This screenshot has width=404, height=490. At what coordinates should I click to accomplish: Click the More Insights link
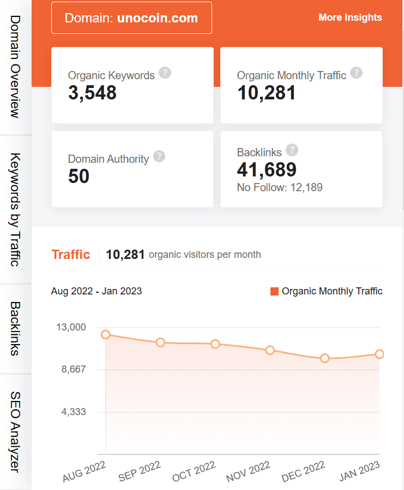(x=350, y=17)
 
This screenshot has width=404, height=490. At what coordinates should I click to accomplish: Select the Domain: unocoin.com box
(x=131, y=18)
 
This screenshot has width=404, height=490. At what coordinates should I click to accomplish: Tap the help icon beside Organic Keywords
(x=165, y=73)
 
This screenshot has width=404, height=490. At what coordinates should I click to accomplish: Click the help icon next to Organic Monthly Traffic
(x=356, y=73)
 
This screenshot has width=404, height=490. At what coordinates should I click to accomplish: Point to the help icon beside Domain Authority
(x=159, y=157)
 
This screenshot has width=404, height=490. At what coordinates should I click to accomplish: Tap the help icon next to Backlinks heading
(x=292, y=150)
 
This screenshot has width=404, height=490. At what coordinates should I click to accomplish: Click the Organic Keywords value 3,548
(x=93, y=93)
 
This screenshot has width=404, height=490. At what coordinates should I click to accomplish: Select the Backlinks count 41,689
(x=267, y=170)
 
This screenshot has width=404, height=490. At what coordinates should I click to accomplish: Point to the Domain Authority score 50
(x=79, y=176)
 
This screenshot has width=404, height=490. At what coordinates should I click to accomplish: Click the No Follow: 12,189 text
(x=280, y=188)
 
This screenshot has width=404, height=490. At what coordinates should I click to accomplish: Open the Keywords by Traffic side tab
(x=15, y=209)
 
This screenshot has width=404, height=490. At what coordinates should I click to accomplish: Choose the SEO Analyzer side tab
(x=15, y=432)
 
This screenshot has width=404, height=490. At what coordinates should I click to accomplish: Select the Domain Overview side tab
(x=15, y=67)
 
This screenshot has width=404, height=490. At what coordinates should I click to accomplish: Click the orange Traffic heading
(x=71, y=255)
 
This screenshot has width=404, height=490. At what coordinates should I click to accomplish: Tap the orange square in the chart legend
(x=274, y=291)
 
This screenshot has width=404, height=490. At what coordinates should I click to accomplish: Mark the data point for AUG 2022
(x=106, y=334)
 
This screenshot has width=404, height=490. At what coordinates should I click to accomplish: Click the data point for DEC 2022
(x=325, y=358)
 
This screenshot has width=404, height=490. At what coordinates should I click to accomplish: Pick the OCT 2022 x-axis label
(x=194, y=471)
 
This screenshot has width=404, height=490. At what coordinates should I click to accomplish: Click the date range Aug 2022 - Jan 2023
(x=97, y=291)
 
